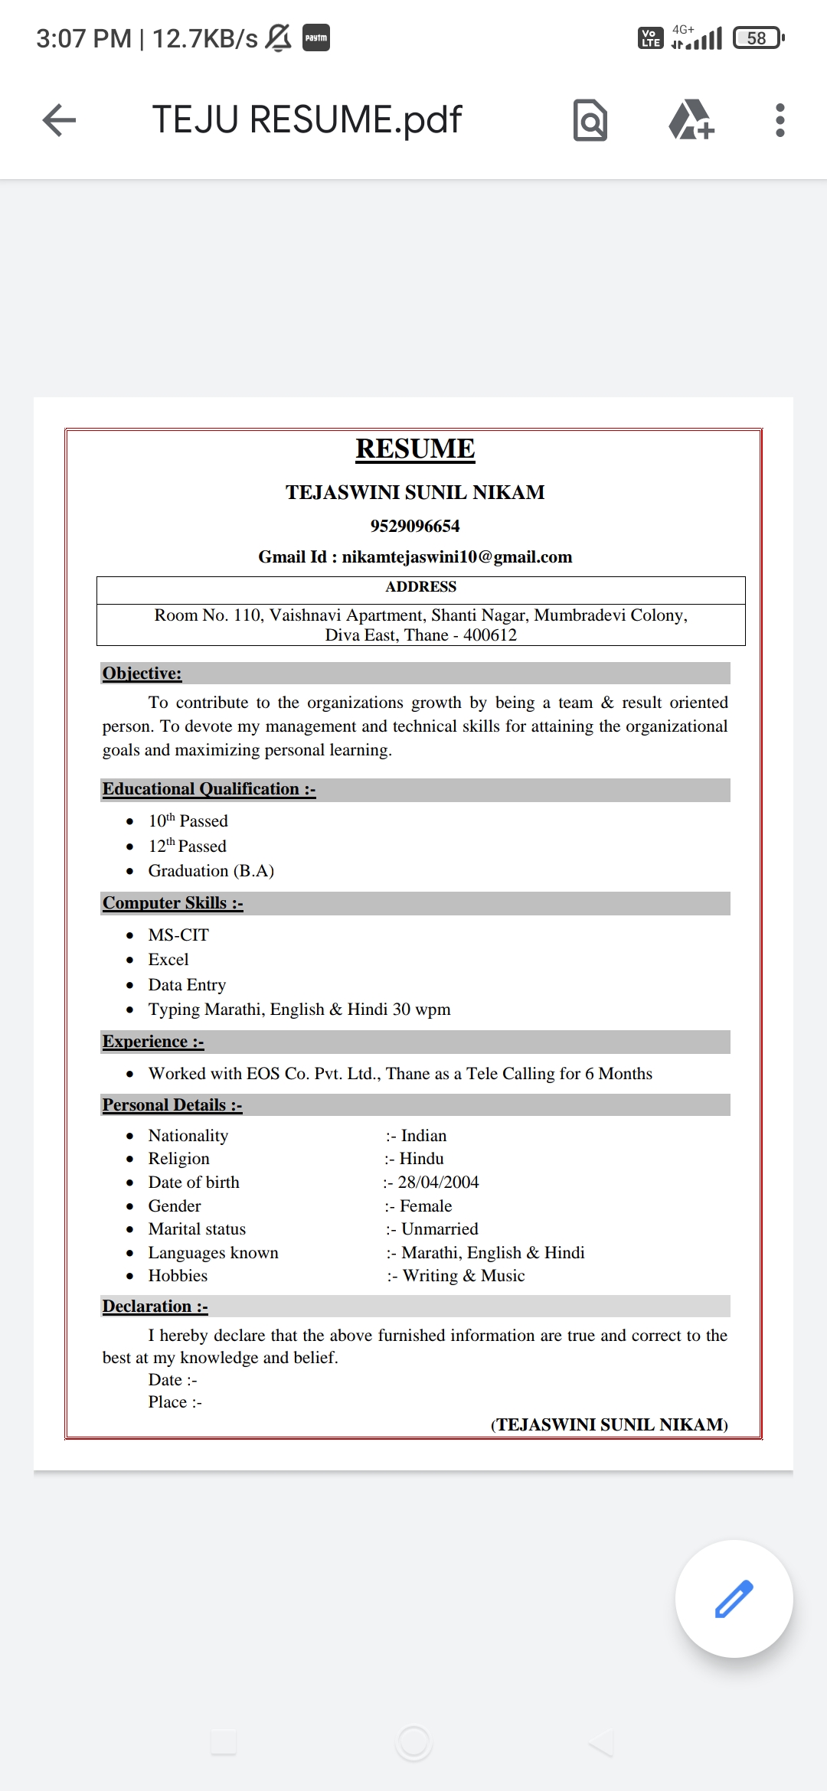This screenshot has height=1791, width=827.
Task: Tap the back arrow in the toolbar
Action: coord(59,120)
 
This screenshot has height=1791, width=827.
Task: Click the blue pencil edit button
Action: coord(734,1598)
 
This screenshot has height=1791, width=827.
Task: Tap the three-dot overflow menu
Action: coord(780,120)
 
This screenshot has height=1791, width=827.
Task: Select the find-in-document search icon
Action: coord(590,120)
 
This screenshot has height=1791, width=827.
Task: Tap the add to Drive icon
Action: coord(691,120)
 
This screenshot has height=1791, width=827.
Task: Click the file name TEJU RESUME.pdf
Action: coord(306,120)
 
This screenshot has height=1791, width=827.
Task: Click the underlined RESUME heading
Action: coord(415,449)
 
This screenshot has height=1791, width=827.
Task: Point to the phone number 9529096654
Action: coord(415,526)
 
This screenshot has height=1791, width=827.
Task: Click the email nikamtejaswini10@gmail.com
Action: coord(456,557)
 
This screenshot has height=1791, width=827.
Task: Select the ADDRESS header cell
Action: coord(420,587)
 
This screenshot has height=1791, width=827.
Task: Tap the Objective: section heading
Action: coord(142,674)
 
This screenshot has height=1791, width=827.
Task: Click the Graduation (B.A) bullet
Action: coord(211,871)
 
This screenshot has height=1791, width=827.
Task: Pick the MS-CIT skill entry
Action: coord(178,935)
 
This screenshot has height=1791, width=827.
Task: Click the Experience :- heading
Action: coord(153,1042)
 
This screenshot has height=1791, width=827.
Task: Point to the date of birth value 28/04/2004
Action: coord(438,1183)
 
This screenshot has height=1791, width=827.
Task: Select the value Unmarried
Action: coord(440,1229)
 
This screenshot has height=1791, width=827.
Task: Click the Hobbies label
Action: coord(178,1276)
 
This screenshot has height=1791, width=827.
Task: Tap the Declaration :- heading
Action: coord(155,1307)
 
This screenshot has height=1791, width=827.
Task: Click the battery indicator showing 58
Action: coord(757,38)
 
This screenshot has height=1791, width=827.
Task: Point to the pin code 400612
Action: coord(490,635)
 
